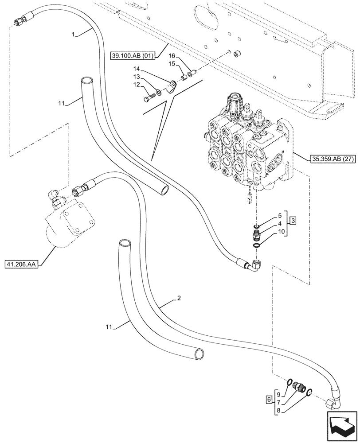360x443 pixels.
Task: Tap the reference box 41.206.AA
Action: pyautogui.click(x=21, y=265)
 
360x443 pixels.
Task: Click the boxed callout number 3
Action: pyautogui.click(x=293, y=220)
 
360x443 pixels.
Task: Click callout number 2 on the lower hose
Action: pyautogui.click(x=179, y=299)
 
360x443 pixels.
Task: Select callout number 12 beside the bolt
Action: pyautogui.click(x=137, y=84)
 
